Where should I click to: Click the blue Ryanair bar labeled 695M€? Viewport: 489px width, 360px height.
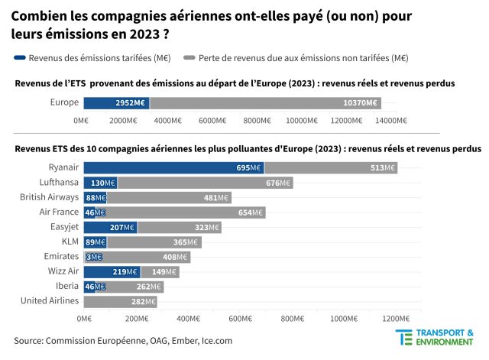(x=173, y=167)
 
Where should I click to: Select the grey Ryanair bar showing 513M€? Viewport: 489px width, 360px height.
(x=331, y=167)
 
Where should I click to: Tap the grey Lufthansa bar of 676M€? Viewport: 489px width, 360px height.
(x=205, y=183)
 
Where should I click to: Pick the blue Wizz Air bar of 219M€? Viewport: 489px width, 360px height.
(x=112, y=271)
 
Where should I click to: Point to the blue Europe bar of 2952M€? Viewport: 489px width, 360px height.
(x=116, y=102)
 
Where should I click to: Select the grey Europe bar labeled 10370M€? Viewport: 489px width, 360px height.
(x=265, y=102)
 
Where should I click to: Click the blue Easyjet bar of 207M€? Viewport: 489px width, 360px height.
(x=110, y=227)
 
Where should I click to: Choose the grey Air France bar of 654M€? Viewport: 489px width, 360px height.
(x=186, y=212)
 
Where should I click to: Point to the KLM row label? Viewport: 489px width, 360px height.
(x=69, y=242)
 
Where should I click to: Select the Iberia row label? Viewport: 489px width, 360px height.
(x=66, y=287)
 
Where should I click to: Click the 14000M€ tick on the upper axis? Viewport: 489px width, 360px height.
(x=390, y=120)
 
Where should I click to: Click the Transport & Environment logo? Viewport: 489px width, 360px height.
(x=436, y=339)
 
